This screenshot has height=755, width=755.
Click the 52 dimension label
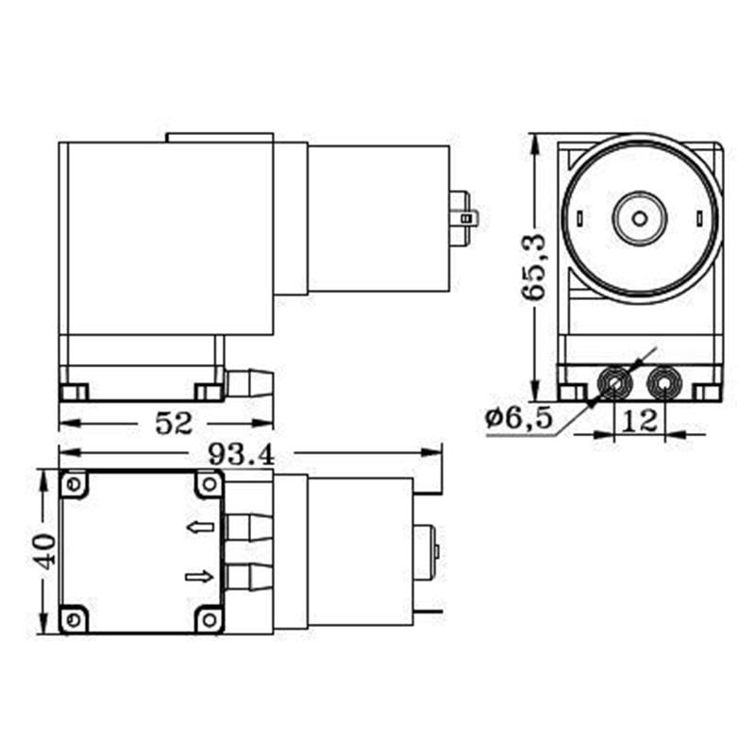click(x=174, y=423)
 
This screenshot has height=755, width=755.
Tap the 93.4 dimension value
click(x=242, y=454)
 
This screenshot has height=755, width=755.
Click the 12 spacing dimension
click(x=640, y=421)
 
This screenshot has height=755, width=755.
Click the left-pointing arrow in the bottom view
click(x=200, y=527)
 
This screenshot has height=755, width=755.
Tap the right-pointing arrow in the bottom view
click(x=200, y=576)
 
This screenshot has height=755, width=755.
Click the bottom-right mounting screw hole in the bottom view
click(x=209, y=619)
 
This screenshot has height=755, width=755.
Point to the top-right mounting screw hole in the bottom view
click(x=209, y=485)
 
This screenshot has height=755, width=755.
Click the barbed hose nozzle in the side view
click(x=250, y=383)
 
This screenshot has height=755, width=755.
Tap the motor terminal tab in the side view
click(x=464, y=217)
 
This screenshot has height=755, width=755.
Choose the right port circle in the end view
click(x=664, y=383)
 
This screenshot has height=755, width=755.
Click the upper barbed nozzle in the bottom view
click(x=248, y=526)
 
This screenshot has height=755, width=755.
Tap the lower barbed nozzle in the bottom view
click(x=248, y=575)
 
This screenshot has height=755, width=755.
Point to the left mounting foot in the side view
click(x=74, y=392)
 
